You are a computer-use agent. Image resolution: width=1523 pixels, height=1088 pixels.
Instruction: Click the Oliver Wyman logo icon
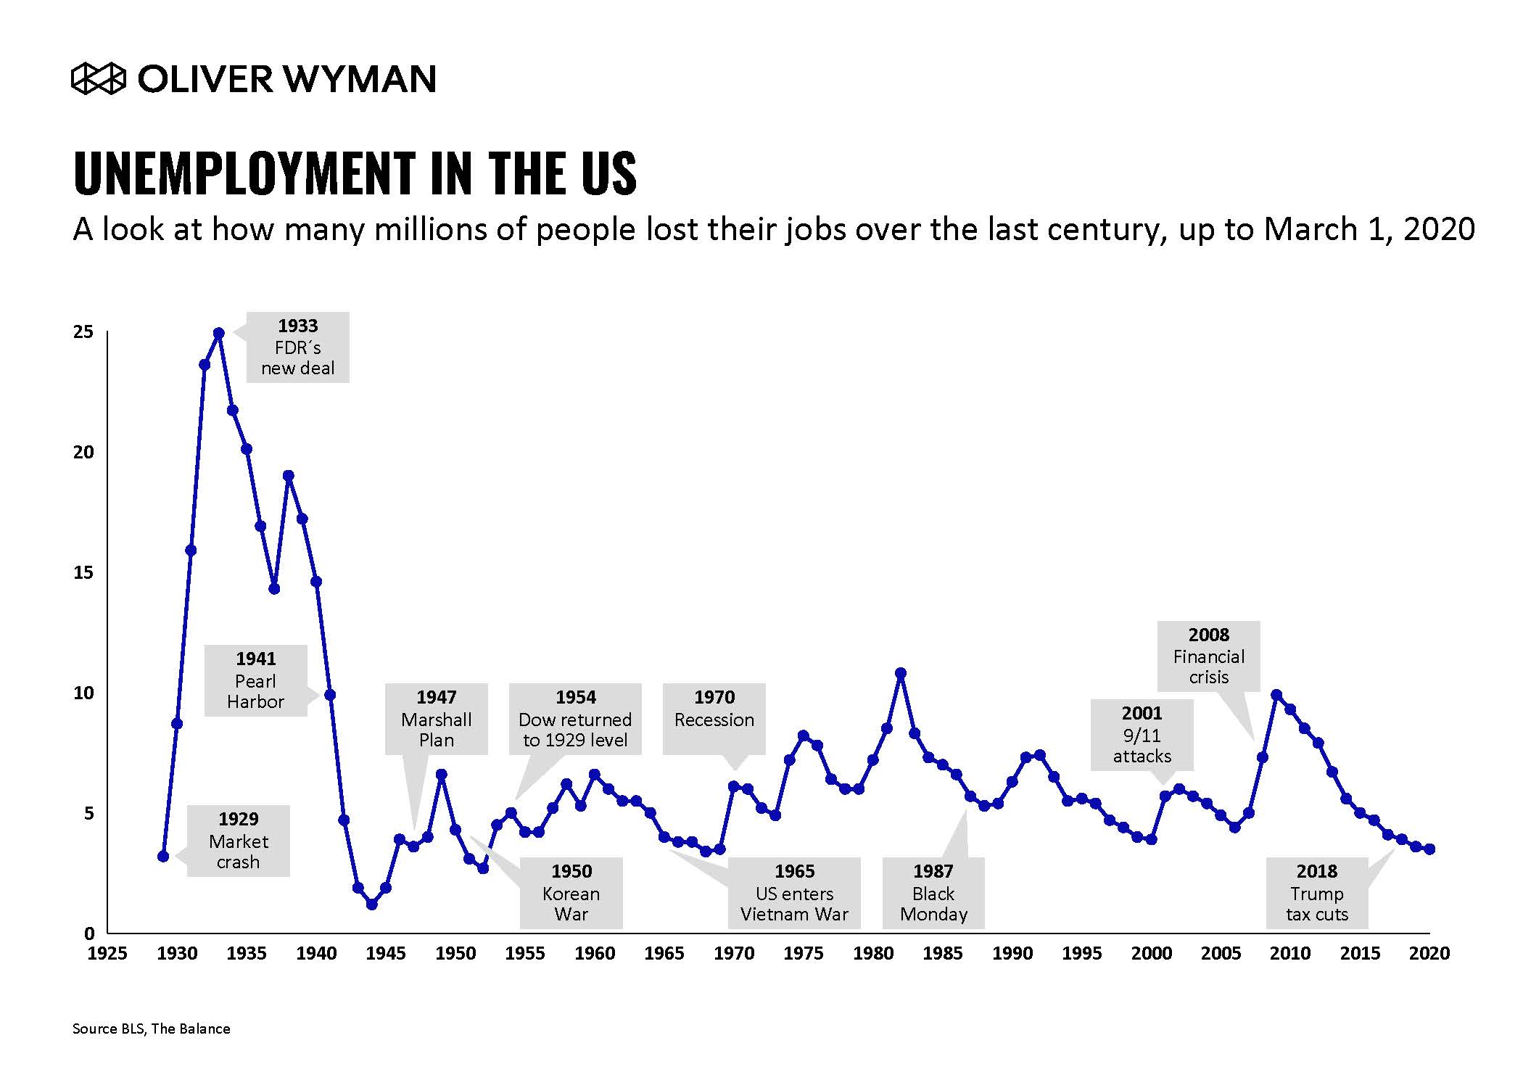(99, 79)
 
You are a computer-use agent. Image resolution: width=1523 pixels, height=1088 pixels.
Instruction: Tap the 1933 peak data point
(218, 334)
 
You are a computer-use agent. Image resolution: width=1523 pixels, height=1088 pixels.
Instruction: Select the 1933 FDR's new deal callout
(297, 347)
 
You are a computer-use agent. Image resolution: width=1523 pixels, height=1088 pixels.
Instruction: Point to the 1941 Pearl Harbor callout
(255, 681)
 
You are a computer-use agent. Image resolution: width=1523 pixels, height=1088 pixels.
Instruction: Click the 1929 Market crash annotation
(238, 841)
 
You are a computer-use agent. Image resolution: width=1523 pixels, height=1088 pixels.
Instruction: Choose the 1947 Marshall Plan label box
(436, 719)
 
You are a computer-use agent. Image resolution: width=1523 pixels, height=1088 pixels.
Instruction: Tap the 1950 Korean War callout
(571, 893)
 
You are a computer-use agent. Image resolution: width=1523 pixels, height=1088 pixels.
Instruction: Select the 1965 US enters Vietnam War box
(794, 893)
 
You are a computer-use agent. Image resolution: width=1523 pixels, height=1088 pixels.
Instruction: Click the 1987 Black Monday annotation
(933, 893)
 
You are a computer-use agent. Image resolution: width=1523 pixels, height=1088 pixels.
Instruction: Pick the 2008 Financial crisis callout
(1208, 656)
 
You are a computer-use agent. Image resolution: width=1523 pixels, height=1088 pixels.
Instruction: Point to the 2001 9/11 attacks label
(1142, 735)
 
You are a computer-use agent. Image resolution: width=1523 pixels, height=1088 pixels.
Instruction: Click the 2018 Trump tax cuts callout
(1317, 893)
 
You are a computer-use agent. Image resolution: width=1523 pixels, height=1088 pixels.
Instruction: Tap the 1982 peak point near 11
(901, 673)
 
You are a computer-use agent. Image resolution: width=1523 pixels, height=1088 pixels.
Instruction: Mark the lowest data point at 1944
(371, 904)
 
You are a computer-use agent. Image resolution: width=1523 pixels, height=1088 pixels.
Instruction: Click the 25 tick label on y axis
(83, 332)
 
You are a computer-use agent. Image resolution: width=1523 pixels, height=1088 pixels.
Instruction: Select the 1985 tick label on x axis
(942, 953)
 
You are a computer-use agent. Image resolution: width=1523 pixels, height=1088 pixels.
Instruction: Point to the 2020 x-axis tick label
(1429, 953)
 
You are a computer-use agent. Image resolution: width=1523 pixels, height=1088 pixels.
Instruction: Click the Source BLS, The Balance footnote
(151, 1029)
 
